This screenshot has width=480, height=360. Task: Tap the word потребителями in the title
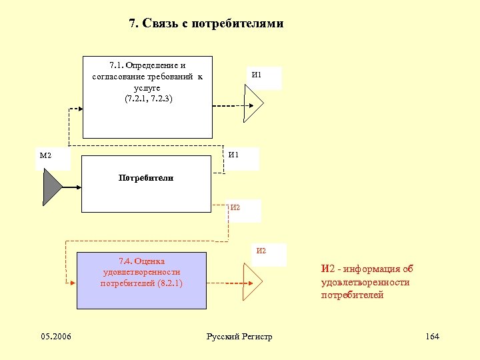pos(237,24)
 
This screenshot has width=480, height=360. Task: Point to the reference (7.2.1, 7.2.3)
pos(148,99)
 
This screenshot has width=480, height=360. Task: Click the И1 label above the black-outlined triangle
pos(257,75)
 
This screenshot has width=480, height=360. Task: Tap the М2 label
pos(45,156)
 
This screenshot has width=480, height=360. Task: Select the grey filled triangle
pos(51,186)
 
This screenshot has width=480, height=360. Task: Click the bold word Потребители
pos(146,178)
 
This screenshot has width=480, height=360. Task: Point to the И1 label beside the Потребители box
pos(233,155)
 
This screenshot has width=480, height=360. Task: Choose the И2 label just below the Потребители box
pos(235,207)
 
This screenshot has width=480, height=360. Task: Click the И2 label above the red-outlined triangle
pos(261,251)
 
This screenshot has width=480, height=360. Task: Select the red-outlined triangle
pos(253,282)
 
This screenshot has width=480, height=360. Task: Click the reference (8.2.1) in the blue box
pos(169,283)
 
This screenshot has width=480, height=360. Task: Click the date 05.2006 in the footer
pos(57,336)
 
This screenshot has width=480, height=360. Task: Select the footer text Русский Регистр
pos(240,336)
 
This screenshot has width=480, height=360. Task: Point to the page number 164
pos(432,336)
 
